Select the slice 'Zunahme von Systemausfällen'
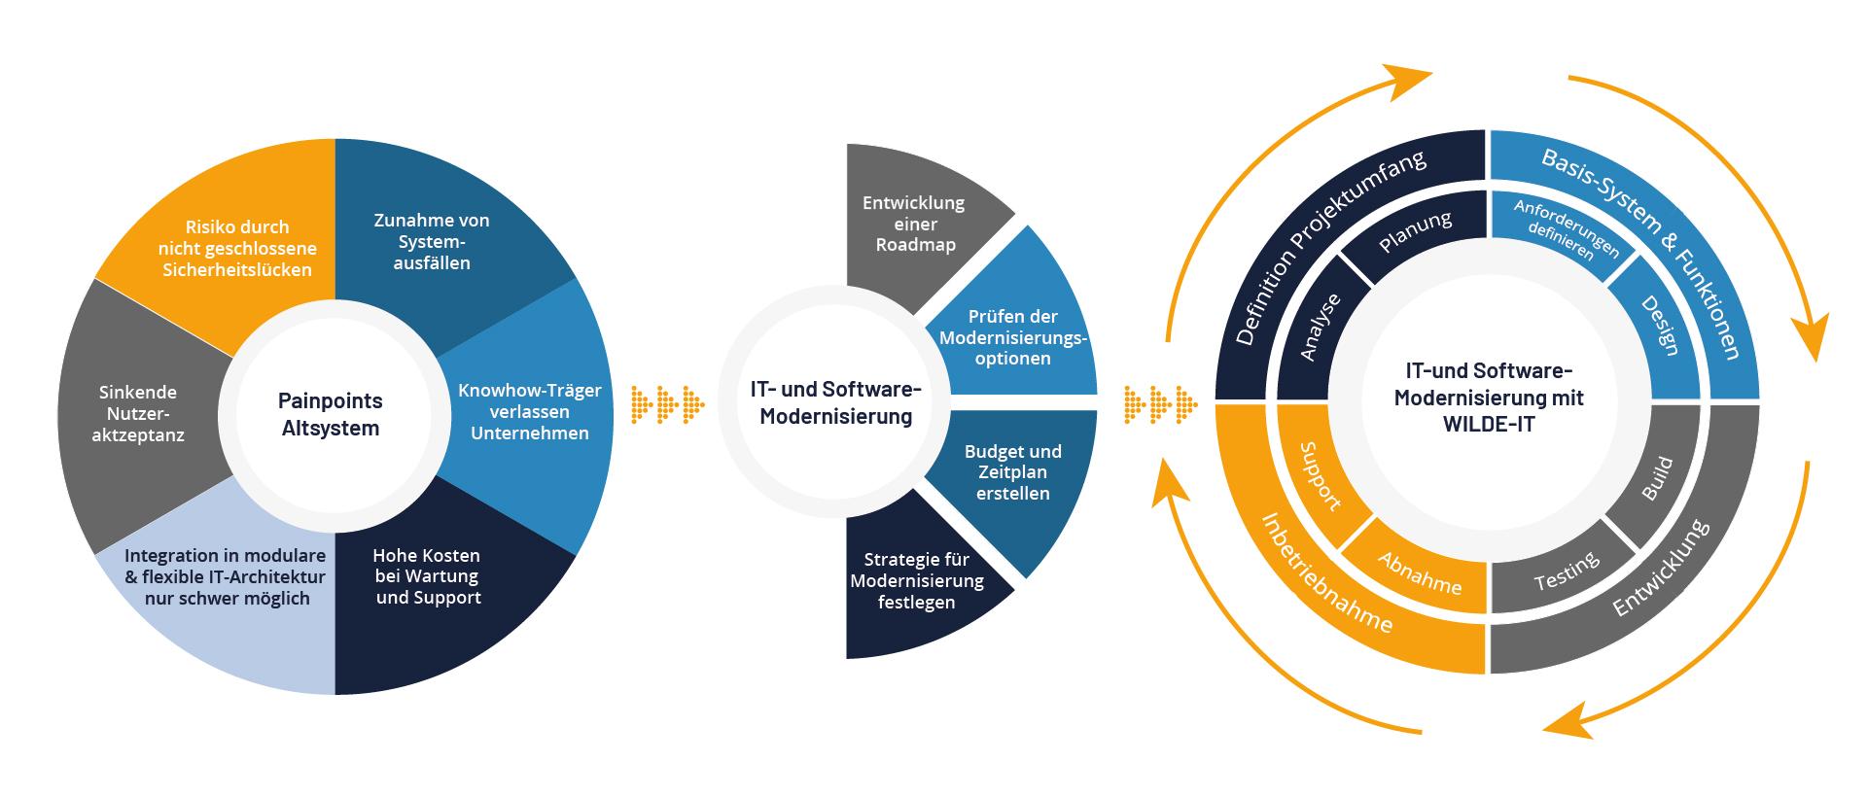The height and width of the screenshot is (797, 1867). (x=432, y=241)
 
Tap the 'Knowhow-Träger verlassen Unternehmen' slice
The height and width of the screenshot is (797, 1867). (x=529, y=411)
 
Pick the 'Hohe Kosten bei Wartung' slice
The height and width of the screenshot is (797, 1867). (x=429, y=576)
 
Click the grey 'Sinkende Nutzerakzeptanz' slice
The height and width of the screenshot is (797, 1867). (x=138, y=413)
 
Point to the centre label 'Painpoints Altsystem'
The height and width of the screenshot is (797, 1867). (x=331, y=414)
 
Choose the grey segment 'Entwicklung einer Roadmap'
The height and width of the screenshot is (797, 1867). (x=913, y=225)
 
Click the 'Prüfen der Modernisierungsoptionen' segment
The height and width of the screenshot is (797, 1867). (x=1012, y=337)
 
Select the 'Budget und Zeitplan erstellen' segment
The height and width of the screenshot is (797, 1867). (x=1012, y=472)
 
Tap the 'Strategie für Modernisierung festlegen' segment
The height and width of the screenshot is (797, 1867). (x=916, y=581)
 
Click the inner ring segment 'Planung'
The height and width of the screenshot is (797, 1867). (x=1415, y=232)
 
